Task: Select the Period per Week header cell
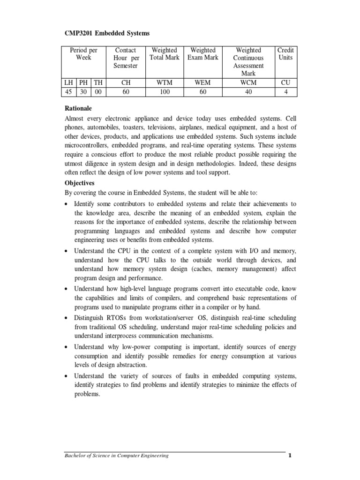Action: point(83,54)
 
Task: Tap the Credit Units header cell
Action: point(285,54)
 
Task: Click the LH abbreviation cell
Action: point(69,83)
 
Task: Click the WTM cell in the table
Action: point(164,83)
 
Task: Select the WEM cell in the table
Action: point(202,83)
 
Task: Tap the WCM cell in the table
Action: point(248,83)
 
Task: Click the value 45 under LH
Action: point(69,92)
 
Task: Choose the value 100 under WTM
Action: point(164,92)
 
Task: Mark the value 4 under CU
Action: point(285,92)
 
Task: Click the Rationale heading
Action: point(79,107)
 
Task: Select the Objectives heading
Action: point(80,183)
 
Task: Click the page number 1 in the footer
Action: point(290,456)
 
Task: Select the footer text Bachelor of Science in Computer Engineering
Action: point(116,456)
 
